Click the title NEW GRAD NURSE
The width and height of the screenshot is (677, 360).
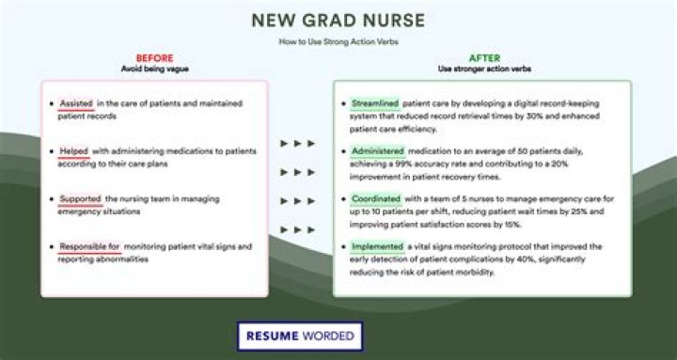338,19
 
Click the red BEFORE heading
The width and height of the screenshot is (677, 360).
154,58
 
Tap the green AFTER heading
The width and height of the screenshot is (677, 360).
484,58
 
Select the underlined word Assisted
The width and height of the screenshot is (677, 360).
75,102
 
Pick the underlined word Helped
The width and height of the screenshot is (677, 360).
73,150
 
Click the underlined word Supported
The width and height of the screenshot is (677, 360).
80,198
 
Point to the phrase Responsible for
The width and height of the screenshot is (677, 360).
89,246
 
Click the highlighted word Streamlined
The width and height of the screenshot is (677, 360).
375,102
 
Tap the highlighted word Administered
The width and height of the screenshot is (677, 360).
377,150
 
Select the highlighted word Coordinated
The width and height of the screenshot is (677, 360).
375,198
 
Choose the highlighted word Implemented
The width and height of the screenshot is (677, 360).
376,246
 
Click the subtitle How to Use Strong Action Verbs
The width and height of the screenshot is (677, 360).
338,42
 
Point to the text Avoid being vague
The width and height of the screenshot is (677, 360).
154,70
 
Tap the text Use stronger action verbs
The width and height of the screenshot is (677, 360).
484,70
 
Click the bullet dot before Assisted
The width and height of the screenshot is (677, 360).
49,102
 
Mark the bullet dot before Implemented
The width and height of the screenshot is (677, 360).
342,246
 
